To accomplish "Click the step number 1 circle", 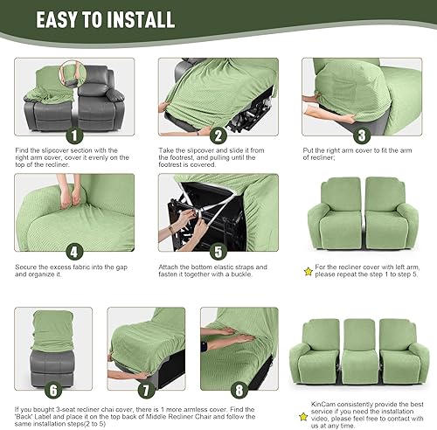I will click(x=75, y=135).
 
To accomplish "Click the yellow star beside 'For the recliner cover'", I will click(x=307, y=273).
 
